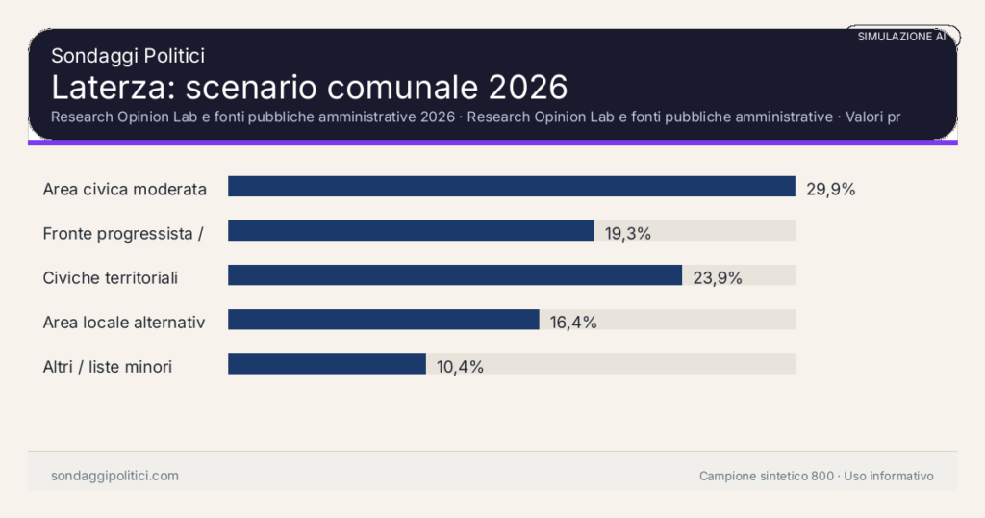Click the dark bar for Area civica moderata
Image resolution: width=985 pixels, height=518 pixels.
(511, 187)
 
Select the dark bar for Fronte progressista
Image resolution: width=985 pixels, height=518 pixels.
(411, 231)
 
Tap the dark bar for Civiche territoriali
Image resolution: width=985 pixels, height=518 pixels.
(454, 276)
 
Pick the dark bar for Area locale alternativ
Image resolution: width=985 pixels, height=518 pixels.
(383, 321)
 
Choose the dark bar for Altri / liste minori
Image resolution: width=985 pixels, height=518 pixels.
(326, 364)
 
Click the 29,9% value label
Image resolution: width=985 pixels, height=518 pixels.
(830, 189)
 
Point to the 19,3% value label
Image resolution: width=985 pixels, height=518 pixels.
(628, 233)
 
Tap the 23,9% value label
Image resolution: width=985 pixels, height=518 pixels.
(717, 278)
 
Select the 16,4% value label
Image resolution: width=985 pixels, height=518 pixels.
(573, 323)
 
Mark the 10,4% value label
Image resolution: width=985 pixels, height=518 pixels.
(460, 366)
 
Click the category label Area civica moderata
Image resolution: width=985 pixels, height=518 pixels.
(125, 189)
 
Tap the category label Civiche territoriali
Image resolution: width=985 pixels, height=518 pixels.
(111, 278)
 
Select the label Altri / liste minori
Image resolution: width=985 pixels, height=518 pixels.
(108, 366)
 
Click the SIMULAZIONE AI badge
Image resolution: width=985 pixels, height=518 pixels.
(901, 37)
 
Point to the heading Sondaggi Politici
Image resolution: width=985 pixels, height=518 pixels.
(128, 57)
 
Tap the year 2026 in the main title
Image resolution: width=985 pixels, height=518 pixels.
(527, 88)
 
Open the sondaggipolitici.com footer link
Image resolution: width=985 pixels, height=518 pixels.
(114, 476)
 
